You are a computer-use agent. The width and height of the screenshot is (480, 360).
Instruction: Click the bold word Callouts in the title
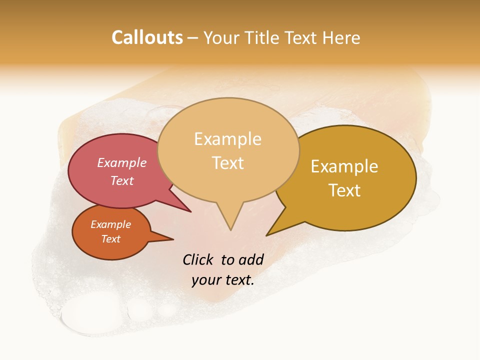147,37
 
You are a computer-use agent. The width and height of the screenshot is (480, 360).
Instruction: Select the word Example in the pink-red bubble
122,162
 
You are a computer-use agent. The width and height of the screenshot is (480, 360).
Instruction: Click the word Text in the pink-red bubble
122,180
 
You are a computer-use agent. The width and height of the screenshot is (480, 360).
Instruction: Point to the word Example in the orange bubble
110,224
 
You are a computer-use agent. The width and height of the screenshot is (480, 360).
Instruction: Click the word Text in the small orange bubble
111,239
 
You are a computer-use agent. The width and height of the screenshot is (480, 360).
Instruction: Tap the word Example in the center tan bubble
227,139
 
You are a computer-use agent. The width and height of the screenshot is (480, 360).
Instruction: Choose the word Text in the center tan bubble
228,163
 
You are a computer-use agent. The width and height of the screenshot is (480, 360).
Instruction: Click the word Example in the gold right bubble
344,166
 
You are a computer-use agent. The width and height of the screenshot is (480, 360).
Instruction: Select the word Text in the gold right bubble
344,190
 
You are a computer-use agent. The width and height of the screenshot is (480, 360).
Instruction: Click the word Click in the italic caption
198,259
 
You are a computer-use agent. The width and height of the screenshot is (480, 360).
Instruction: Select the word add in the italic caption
250,259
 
